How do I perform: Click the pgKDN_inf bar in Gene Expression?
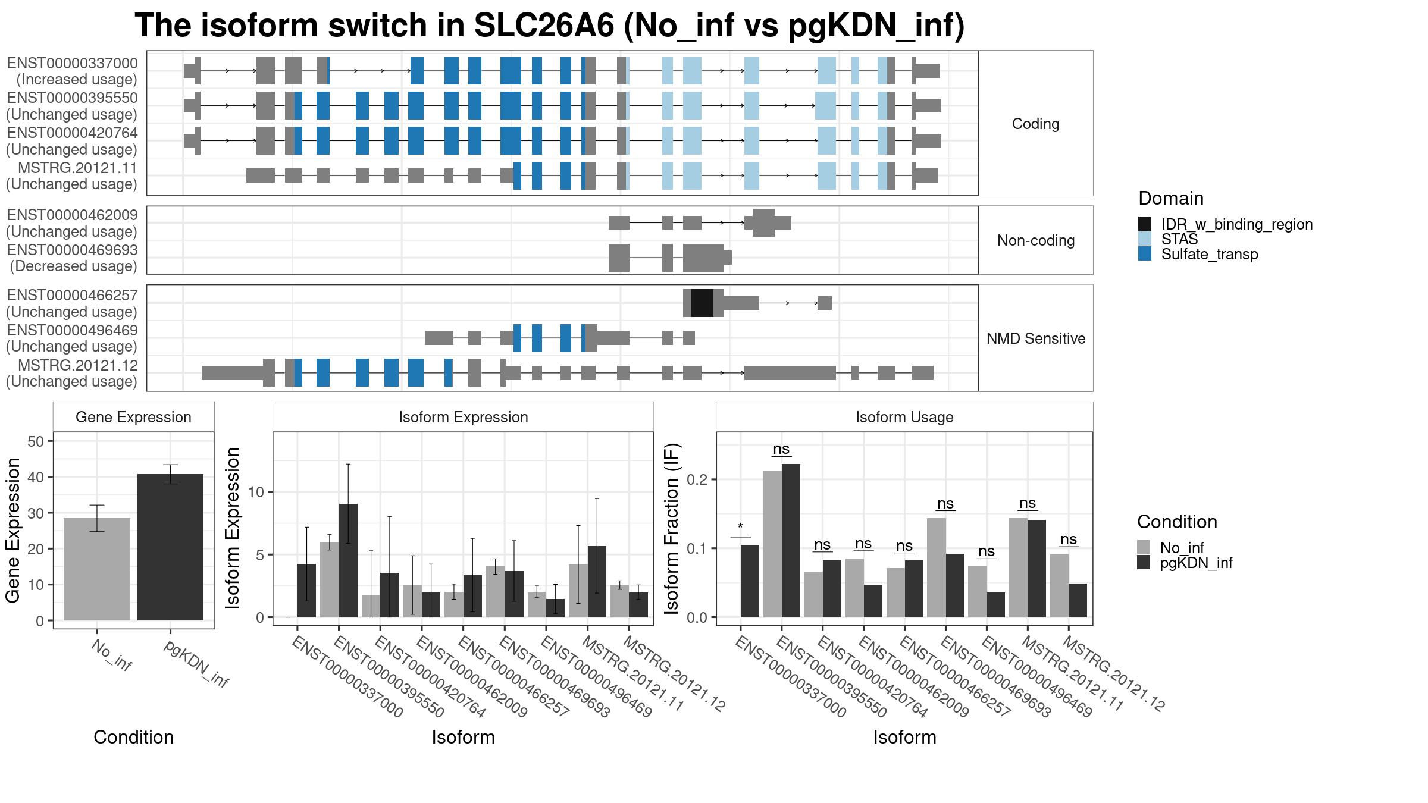(170, 547)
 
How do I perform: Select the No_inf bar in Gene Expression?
(97, 569)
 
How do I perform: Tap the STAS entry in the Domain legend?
(1179, 239)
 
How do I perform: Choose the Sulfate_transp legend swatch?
(1145, 254)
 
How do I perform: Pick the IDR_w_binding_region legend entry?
(1225, 224)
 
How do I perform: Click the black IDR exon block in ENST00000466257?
(702, 303)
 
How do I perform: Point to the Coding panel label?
(1035, 124)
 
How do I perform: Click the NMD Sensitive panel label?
(1036, 338)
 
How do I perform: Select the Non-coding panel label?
(1036, 240)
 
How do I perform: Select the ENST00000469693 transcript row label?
(73, 258)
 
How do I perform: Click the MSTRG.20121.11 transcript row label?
(71, 176)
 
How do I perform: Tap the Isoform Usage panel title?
(904, 417)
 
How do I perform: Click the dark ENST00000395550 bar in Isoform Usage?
(791, 541)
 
